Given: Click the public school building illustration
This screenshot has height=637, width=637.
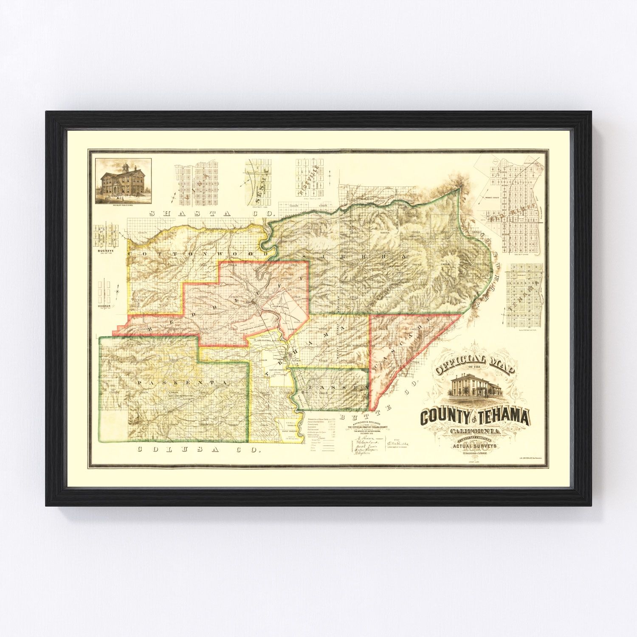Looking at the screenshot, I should [123, 181].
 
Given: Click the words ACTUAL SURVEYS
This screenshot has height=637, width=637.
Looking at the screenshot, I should [475, 446].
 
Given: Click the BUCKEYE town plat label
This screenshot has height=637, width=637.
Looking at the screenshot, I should [104, 251].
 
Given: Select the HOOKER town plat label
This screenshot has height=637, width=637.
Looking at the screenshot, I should [104, 306].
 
